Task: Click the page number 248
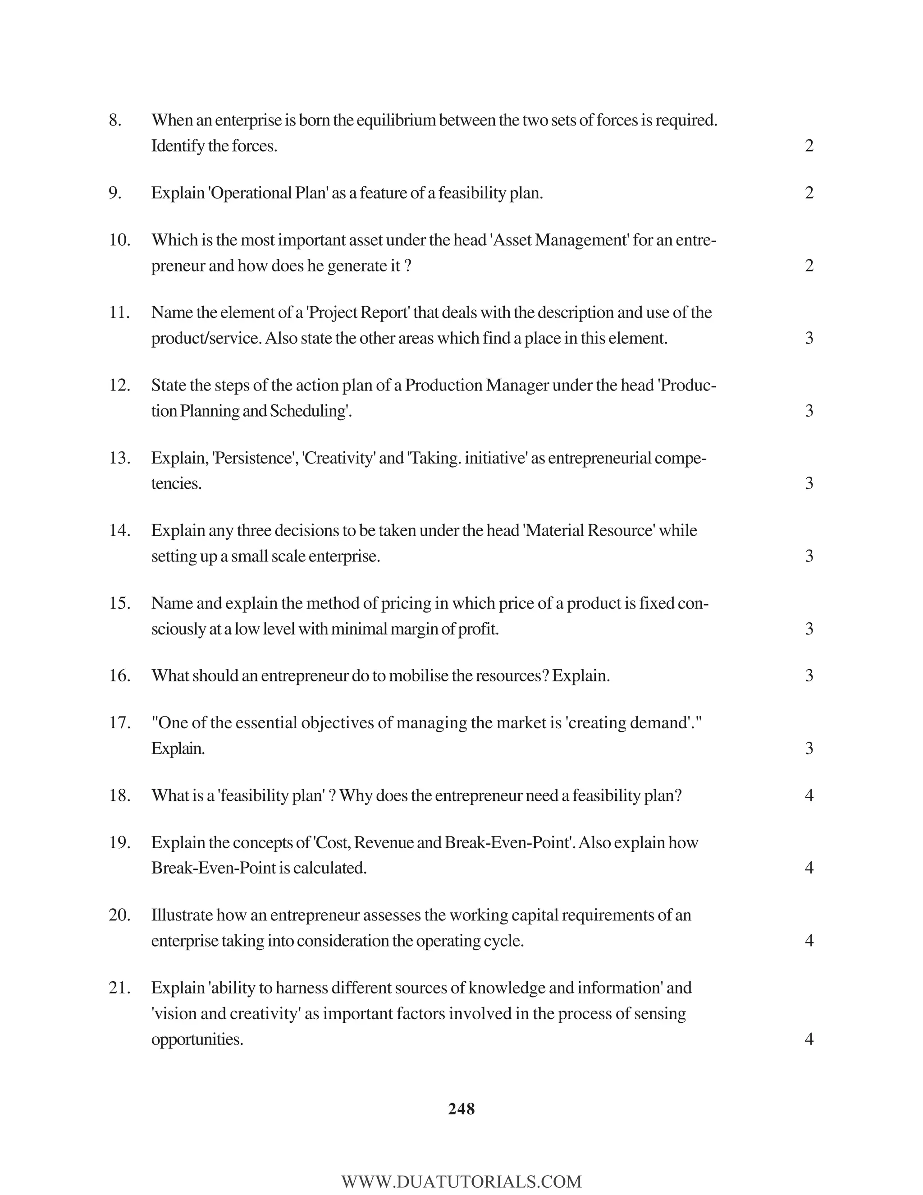[x=461, y=1109]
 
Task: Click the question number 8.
[x=115, y=120]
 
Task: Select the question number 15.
[x=119, y=603]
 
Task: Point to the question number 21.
[x=119, y=988]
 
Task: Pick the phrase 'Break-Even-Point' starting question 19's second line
[x=214, y=868]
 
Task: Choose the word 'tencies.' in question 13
[x=176, y=483]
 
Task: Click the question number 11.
[x=119, y=313]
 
